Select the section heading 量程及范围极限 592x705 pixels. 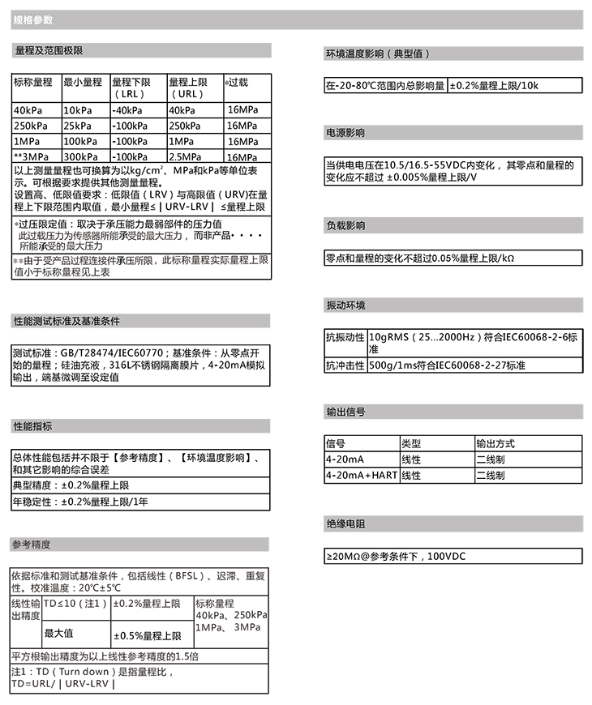tap(49, 51)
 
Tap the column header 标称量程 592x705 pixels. tap(33, 82)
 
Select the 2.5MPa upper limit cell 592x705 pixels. tap(186, 156)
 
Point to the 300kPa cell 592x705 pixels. tap(80, 156)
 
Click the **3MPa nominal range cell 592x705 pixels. tap(32, 156)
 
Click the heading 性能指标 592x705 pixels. tap(33, 426)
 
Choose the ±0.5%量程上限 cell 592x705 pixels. tap(147, 635)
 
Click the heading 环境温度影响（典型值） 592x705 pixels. tap(378, 54)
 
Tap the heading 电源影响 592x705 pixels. tap(345, 132)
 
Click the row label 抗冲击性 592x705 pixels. tap(345, 365)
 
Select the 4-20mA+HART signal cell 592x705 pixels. tap(361, 476)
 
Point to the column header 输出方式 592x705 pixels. tap(495, 444)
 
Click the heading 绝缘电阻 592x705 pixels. tap(345, 524)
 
